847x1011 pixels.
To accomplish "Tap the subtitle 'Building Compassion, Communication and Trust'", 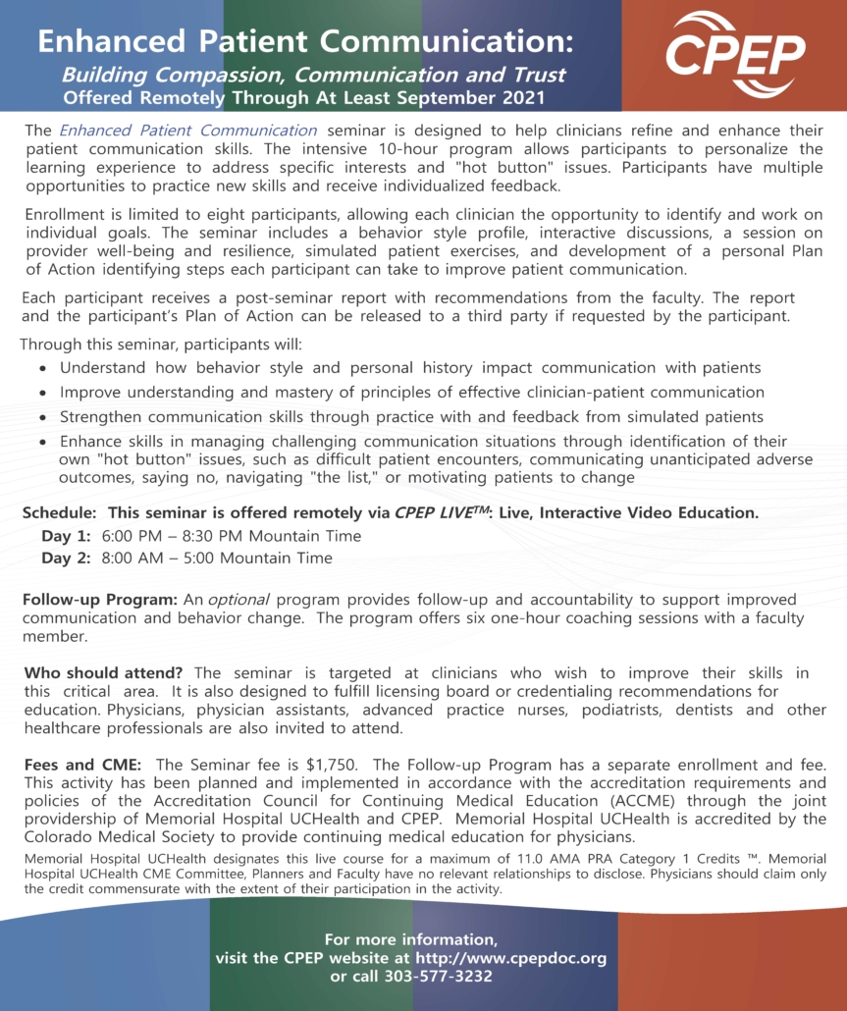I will tap(313, 75).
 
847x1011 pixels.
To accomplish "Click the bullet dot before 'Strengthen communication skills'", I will tap(42, 418).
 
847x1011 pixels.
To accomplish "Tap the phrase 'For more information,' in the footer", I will tap(411, 939).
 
